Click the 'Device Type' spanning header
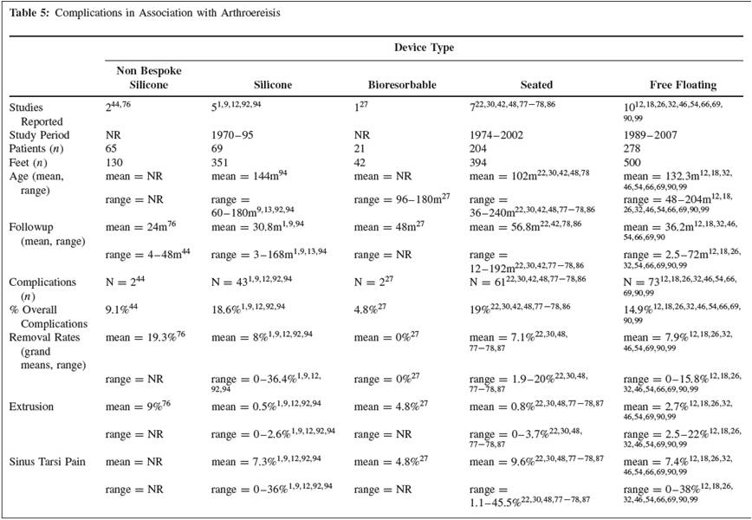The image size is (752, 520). pyautogui.click(x=425, y=48)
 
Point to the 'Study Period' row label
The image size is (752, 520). pyautogui.click(x=39, y=135)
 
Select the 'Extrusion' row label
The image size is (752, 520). pyautogui.click(x=33, y=405)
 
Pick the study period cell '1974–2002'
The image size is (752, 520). pyautogui.click(x=496, y=135)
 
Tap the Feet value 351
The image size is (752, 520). pyautogui.click(x=220, y=163)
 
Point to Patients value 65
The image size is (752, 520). pyautogui.click(x=112, y=149)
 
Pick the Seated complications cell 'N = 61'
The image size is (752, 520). pyautogui.click(x=485, y=283)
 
